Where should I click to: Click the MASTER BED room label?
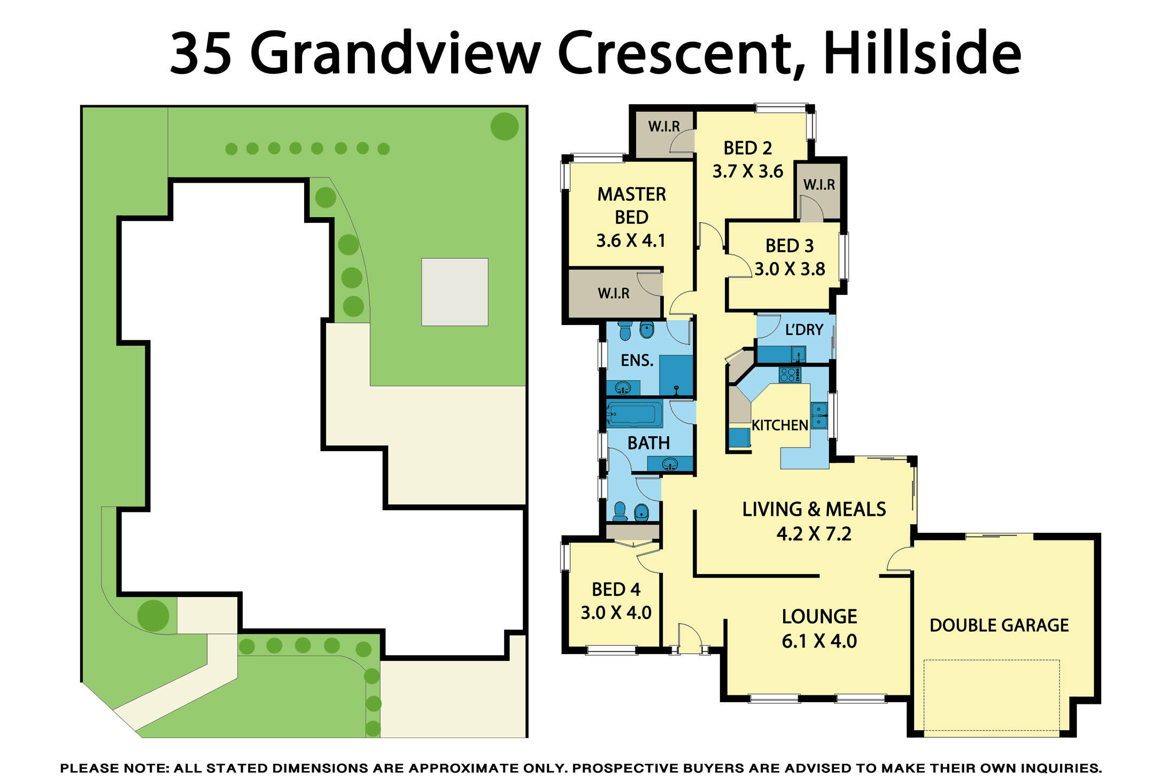(x=631, y=205)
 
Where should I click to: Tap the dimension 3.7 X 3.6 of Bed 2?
(x=747, y=172)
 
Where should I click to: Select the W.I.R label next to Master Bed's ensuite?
(x=613, y=293)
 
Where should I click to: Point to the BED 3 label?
(x=789, y=246)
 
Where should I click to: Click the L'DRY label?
(x=803, y=330)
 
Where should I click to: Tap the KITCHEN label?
(x=779, y=425)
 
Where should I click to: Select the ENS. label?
(x=637, y=360)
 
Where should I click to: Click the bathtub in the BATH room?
(x=634, y=415)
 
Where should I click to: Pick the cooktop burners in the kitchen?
(x=790, y=375)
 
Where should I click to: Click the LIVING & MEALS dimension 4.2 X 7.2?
(x=814, y=534)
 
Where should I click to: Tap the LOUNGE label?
(x=819, y=617)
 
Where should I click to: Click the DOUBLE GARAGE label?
(x=999, y=625)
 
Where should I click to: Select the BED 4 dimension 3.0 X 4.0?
(x=616, y=612)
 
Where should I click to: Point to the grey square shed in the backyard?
(x=454, y=292)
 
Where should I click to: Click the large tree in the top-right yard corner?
(x=504, y=126)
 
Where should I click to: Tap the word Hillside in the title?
(x=922, y=53)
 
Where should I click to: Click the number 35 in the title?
(x=201, y=53)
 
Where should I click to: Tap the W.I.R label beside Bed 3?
(x=818, y=185)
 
